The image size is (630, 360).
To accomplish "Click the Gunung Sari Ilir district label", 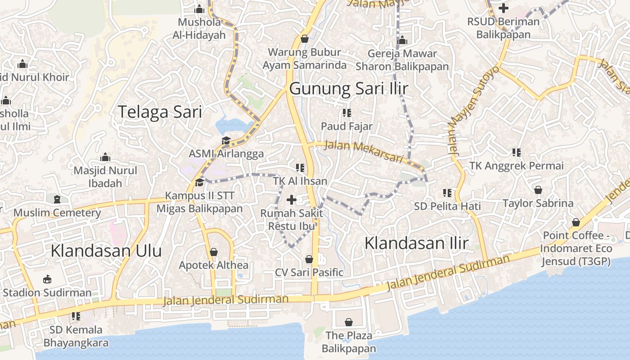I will coord(349,89).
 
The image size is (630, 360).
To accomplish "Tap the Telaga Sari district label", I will coord(160,112).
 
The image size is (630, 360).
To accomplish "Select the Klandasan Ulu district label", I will coord(106,251).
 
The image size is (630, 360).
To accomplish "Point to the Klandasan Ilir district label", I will coord(416,243).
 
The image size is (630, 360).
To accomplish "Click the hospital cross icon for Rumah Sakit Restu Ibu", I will coord(292,199).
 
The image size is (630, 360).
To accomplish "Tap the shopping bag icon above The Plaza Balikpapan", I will coord(348,322).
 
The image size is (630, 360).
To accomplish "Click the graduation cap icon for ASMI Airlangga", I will coord(226,141).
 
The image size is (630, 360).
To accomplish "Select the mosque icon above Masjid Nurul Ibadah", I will coord(105,157).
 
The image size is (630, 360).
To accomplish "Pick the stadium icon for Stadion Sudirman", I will coord(47,279).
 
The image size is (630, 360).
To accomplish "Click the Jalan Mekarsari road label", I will coord(363,152).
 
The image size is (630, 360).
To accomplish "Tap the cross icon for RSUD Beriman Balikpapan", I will coord(503,8).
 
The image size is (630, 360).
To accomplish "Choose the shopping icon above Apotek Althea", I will coord(214,252).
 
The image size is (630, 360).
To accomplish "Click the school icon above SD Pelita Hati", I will coord(447,193).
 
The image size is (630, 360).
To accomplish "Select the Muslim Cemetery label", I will coord(57,213).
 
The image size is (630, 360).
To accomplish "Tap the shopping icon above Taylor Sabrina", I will coord(538,190).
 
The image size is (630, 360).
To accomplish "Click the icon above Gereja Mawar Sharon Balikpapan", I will coord(402,40).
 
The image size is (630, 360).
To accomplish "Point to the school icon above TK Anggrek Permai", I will coord(516,153).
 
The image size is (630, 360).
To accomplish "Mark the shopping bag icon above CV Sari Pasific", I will coord(309,259).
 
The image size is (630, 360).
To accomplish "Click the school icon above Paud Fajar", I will coord(346,112).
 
